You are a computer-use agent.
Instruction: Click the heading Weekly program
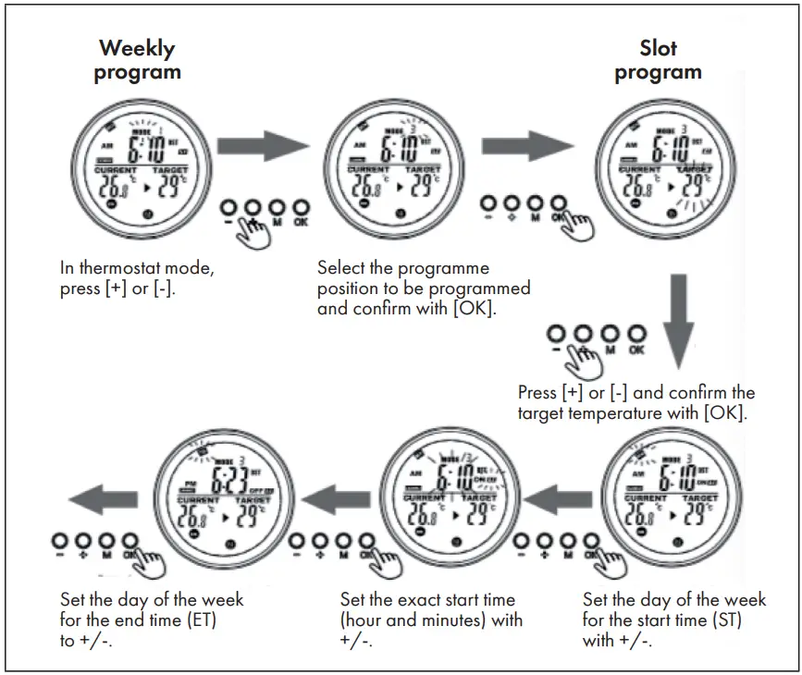[137, 59]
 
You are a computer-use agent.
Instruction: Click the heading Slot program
[658, 59]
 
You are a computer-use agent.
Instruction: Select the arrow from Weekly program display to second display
[262, 146]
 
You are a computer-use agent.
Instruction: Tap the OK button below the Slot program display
[557, 205]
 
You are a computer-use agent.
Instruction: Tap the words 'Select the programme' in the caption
[402, 268]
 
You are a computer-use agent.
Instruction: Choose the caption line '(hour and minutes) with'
[431, 620]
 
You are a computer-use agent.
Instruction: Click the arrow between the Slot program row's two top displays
[527, 146]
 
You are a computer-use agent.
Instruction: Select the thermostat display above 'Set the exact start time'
[446, 500]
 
